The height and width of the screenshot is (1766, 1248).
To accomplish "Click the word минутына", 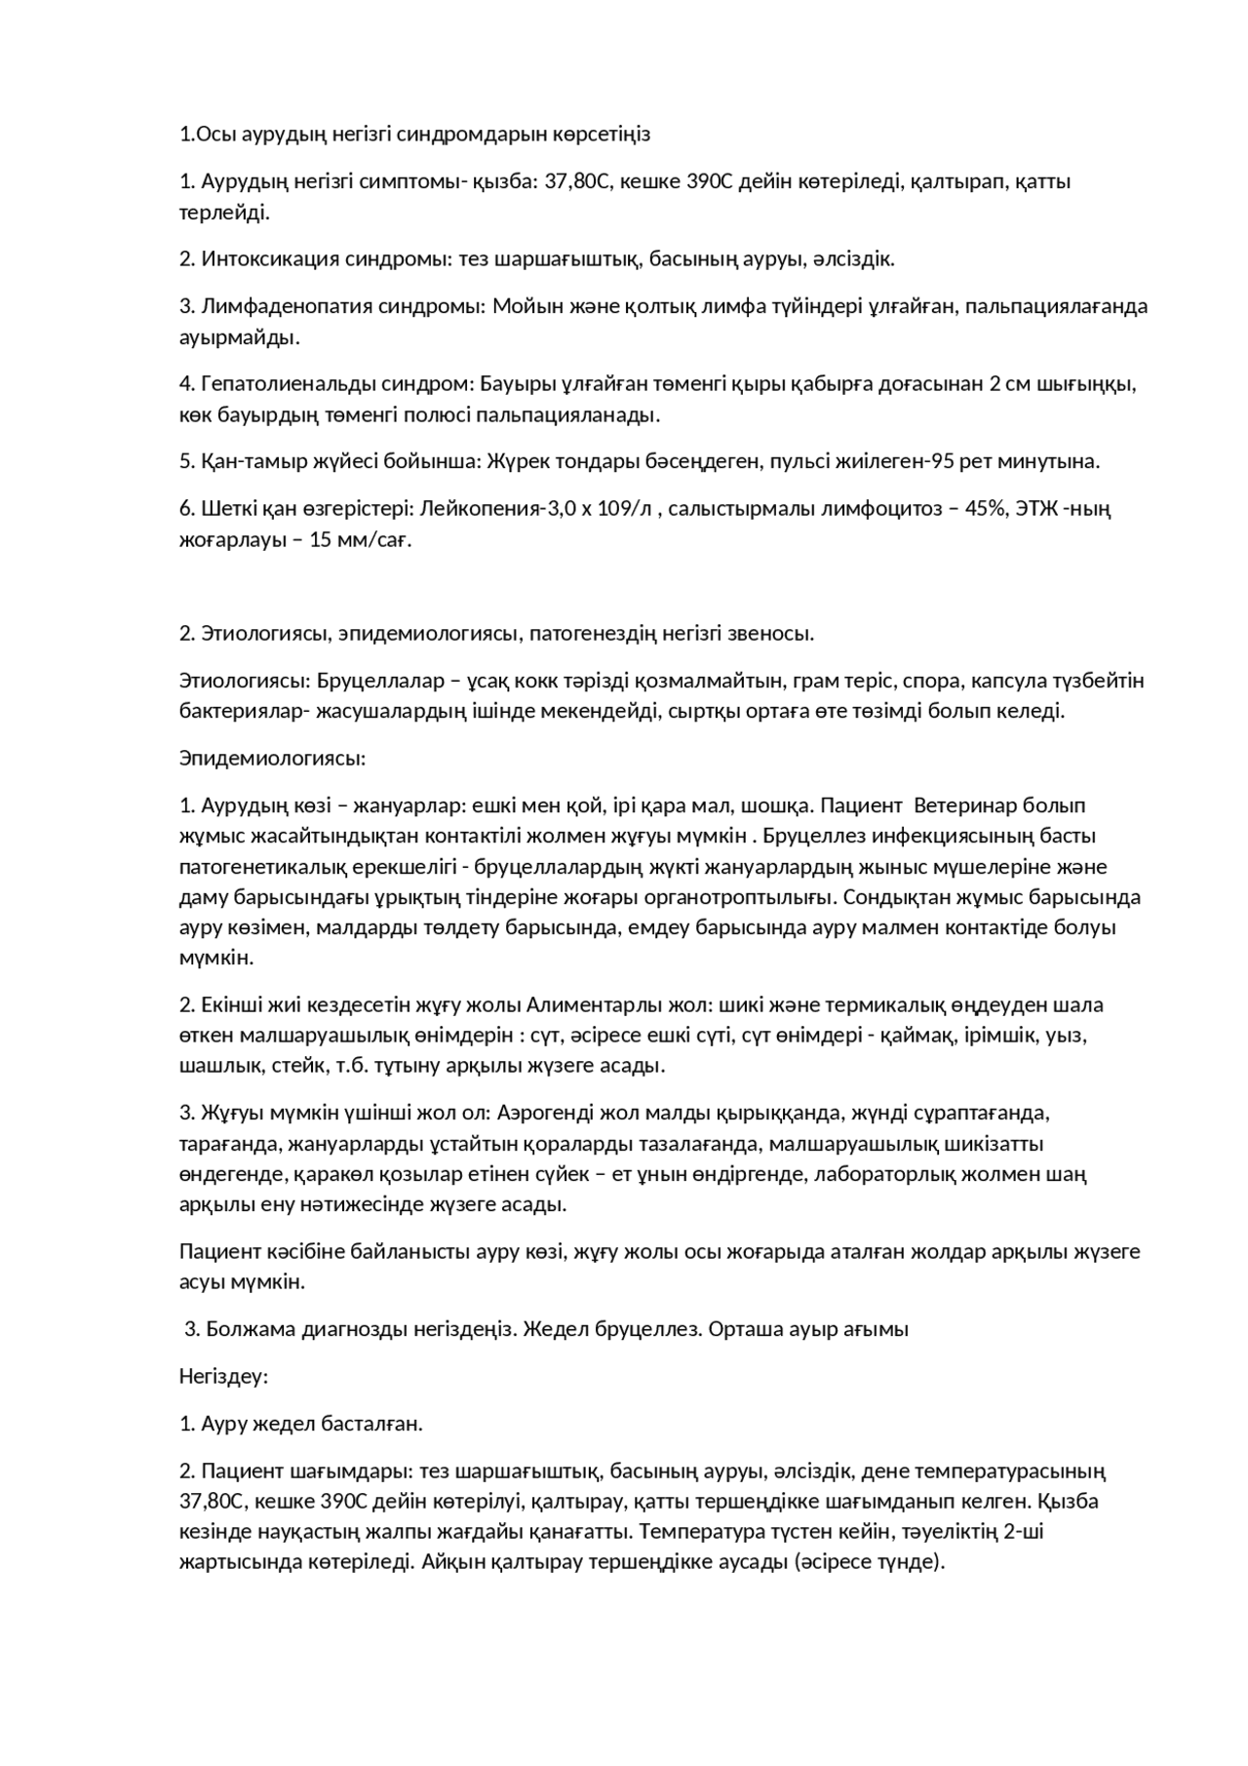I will tap(1058, 461).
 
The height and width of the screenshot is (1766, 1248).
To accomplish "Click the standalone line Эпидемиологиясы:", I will tap(272, 758).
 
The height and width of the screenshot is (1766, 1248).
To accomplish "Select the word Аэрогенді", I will tap(551, 1113).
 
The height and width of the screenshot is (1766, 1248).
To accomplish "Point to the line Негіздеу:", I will tap(223, 1377).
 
